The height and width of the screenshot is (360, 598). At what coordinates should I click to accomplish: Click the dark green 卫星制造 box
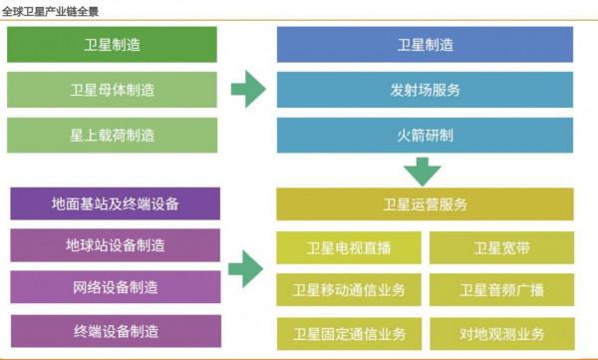(x=114, y=44)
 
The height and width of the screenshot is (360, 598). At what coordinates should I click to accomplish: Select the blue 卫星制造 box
(x=425, y=44)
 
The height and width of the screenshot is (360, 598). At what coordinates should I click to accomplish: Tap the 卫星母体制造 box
(x=114, y=90)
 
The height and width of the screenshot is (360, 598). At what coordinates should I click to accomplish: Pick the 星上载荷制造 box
(x=114, y=135)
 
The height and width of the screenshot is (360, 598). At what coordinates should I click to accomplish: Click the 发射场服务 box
(x=425, y=90)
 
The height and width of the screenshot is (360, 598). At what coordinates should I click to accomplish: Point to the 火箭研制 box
(x=425, y=135)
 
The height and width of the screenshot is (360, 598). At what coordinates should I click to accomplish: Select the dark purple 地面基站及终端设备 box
(x=115, y=203)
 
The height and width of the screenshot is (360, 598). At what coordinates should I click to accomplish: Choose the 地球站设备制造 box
(x=115, y=245)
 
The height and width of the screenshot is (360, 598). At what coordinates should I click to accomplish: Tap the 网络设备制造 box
(x=115, y=287)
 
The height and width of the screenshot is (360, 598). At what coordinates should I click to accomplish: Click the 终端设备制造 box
(x=115, y=330)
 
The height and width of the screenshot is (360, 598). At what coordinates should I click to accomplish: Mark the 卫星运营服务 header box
(x=425, y=204)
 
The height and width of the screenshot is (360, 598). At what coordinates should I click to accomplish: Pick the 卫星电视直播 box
(x=349, y=247)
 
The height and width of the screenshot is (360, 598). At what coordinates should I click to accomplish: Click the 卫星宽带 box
(x=501, y=247)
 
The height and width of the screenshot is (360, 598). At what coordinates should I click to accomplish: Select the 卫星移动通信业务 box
(x=349, y=290)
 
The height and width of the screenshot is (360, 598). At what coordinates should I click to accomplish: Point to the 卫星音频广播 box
(x=501, y=290)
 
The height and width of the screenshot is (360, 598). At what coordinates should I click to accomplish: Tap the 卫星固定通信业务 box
(x=349, y=332)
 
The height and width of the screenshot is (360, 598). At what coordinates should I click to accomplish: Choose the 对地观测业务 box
(x=501, y=332)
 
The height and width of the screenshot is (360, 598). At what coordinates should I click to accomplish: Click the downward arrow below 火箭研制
(x=422, y=172)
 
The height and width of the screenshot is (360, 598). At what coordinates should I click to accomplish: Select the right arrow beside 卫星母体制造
(x=247, y=90)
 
